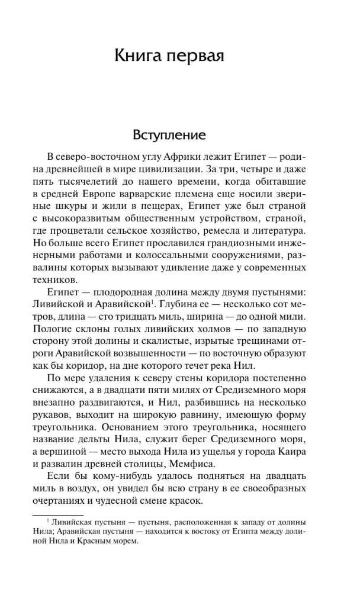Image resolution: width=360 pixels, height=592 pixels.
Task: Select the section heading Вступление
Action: pos(169,135)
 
